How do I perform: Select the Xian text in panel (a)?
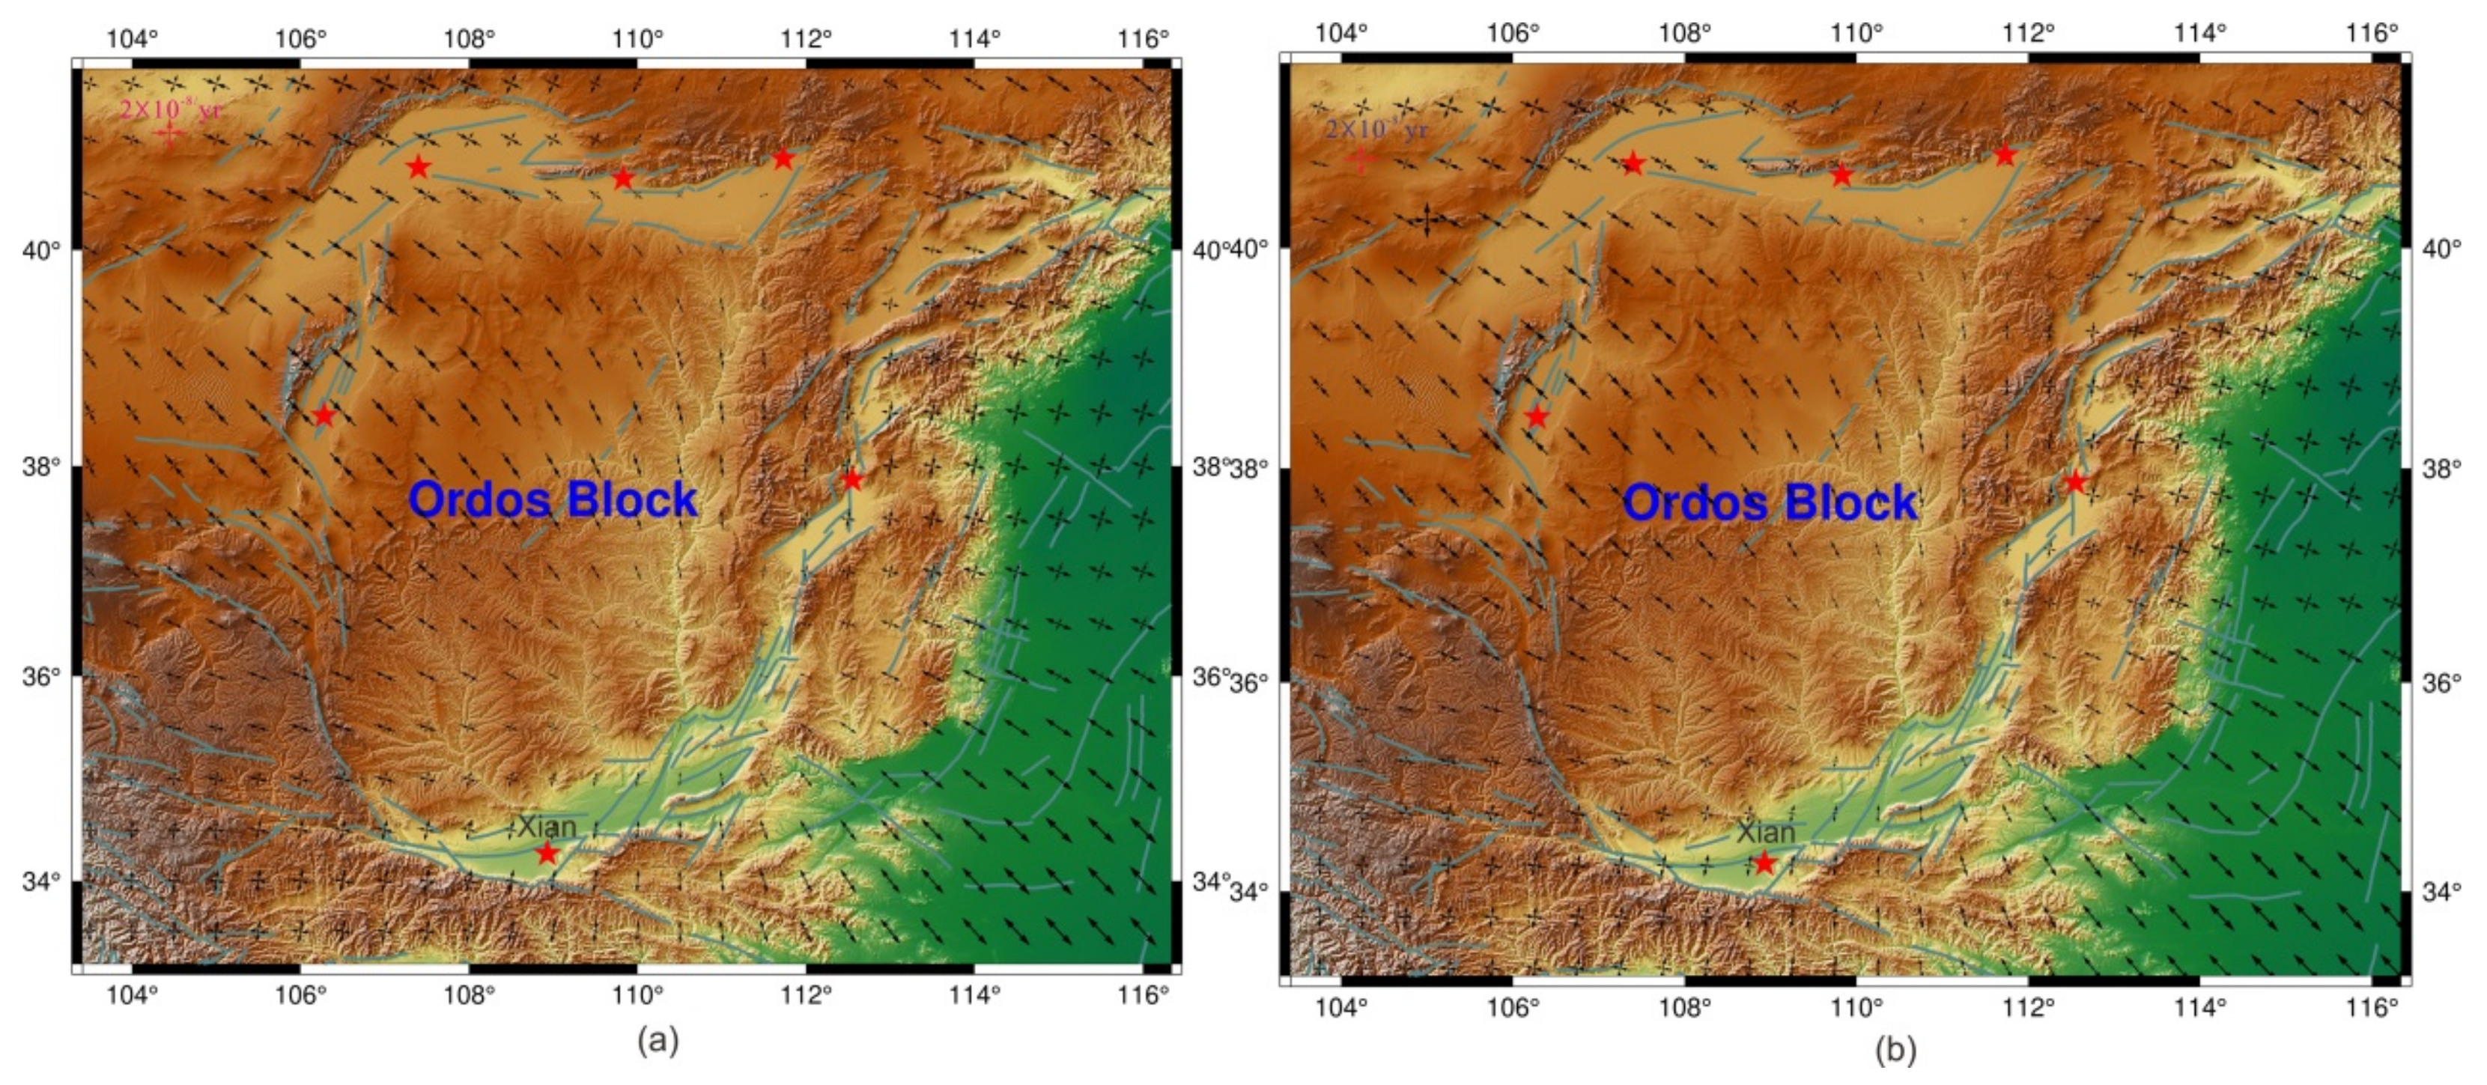[x=547, y=827]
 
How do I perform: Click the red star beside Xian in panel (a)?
[x=547, y=852]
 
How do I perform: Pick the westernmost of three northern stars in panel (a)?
[x=417, y=167]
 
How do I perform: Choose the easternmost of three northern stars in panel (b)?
[x=2005, y=154]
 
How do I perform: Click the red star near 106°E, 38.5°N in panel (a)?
[x=324, y=416]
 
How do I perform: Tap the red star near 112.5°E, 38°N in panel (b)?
[x=2076, y=481]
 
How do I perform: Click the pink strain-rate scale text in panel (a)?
[x=170, y=110]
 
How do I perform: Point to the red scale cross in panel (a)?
[x=170, y=135]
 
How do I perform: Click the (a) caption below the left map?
[x=658, y=1041]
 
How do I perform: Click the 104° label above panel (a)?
[x=133, y=39]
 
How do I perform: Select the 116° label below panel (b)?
[x=2371, y=1007]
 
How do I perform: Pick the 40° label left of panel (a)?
[x=41, y=250]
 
